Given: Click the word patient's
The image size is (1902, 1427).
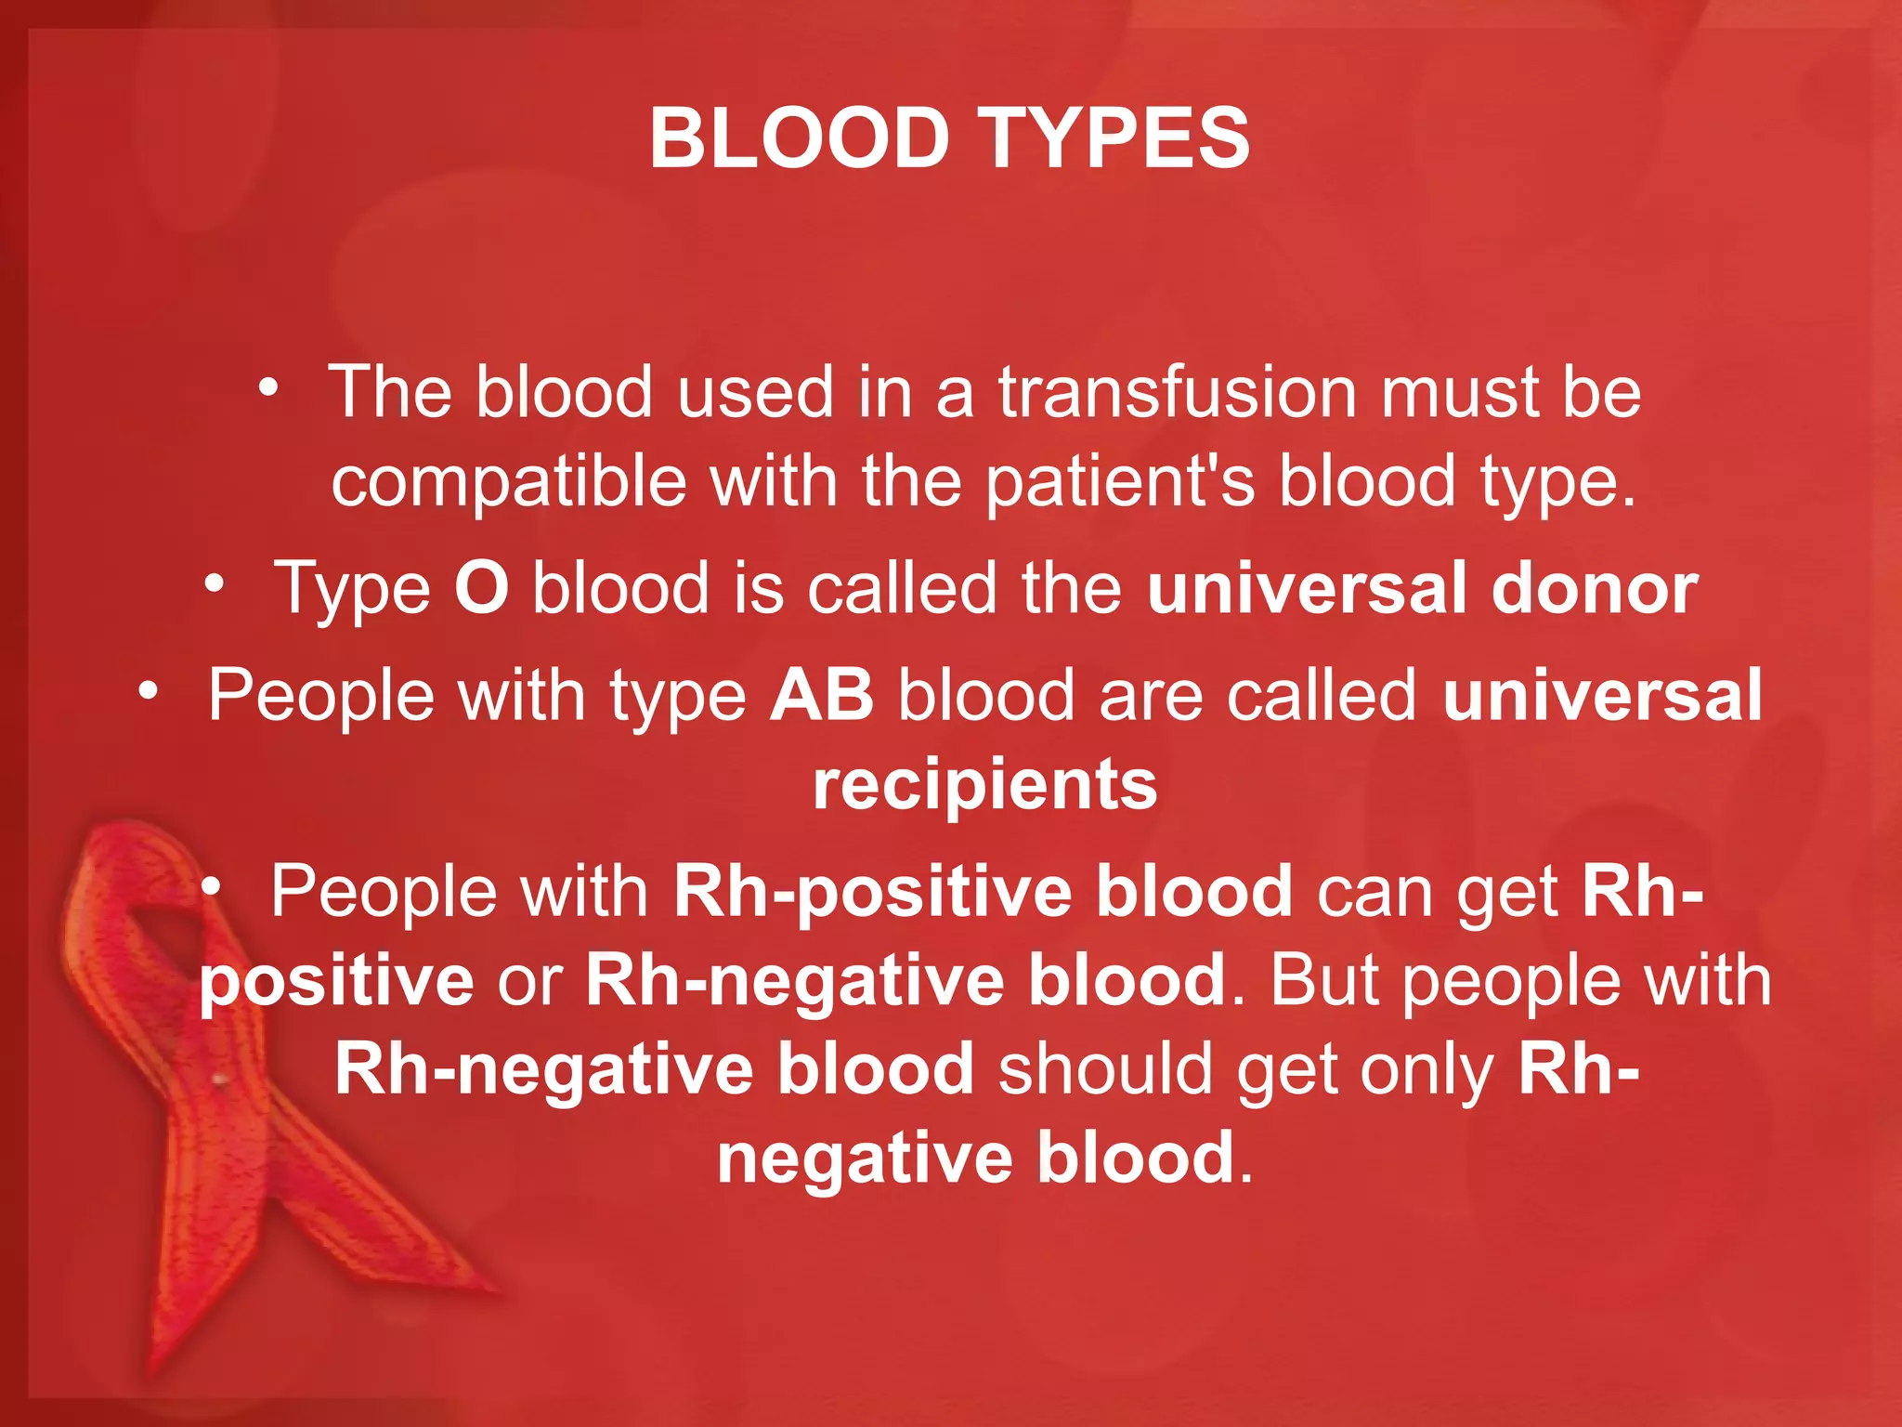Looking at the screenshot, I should click(x=1119, y=481).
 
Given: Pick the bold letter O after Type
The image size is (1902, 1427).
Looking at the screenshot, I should click(x=481, y=588).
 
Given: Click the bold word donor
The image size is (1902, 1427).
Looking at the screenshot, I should click(x=1595, y=588).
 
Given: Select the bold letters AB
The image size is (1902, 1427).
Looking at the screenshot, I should click(x=822, y=695).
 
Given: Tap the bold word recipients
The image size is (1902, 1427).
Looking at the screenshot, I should click(x=984, y=784).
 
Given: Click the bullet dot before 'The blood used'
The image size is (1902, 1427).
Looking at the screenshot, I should click(x=268, y=388).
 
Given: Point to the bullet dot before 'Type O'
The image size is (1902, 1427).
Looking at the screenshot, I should click(x=215, y=584).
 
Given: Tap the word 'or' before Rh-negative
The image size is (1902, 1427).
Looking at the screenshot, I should click(x=529, y=980).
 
